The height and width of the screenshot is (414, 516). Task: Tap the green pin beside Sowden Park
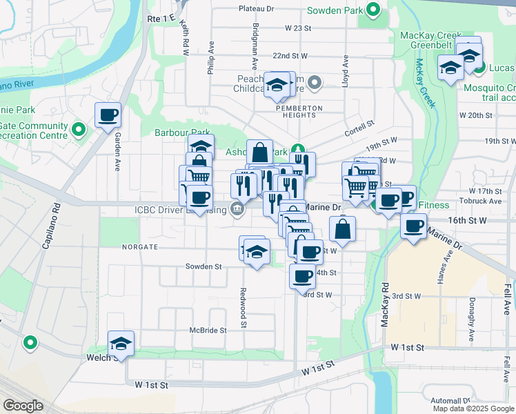[x=373, y=10]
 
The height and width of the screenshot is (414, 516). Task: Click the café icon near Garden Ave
[x=108, y=115]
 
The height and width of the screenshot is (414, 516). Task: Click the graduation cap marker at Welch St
[x=121, y=343]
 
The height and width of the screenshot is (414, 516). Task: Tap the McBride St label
[x=208, y=331]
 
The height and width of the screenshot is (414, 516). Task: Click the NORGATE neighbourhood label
[x=141, y=247]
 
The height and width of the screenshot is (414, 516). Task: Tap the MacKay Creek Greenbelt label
[x=426, y=40]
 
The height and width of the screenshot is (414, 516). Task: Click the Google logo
[x=23, y=406]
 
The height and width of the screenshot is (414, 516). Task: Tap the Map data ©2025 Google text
[x=473, y=408]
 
